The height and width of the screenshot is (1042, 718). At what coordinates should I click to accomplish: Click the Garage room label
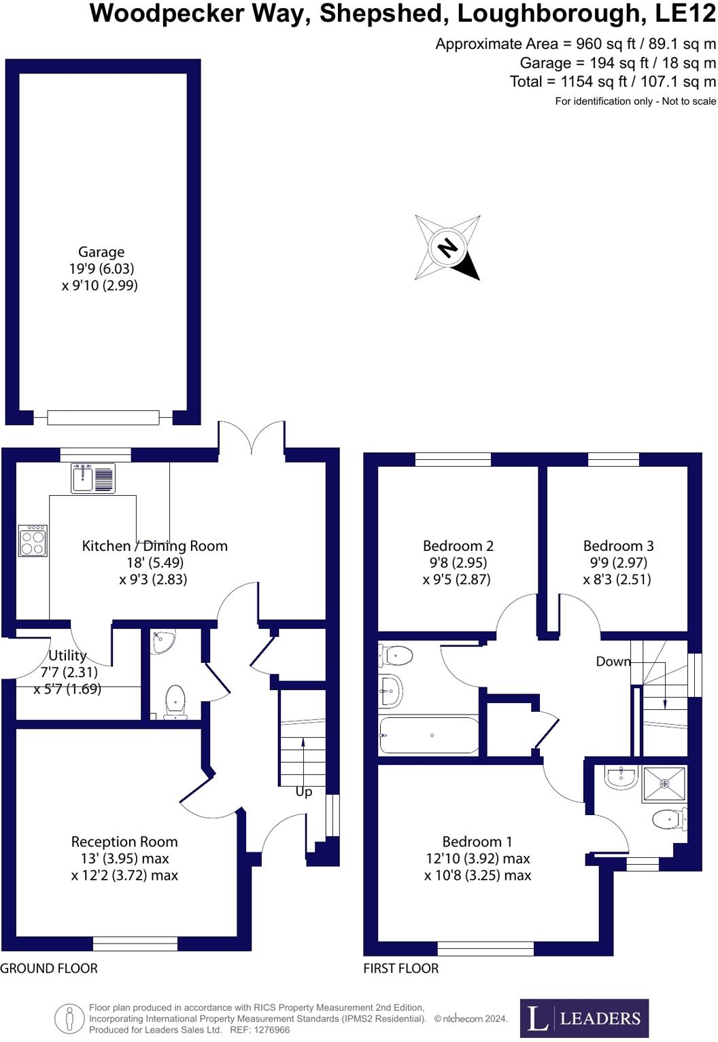101,252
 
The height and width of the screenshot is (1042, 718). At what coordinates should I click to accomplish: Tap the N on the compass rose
447,247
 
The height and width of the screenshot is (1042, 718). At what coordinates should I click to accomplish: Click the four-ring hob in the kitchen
33,541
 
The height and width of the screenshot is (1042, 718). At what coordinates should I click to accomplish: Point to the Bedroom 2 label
458,546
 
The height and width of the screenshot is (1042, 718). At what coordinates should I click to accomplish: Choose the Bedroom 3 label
618,546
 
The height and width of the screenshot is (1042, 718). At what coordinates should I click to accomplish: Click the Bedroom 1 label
477,842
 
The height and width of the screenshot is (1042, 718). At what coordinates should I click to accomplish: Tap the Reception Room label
124,842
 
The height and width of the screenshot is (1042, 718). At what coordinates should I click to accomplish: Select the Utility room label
67,655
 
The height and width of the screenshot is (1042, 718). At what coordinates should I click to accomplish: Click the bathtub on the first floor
429,736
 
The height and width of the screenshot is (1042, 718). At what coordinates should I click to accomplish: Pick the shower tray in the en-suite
664,784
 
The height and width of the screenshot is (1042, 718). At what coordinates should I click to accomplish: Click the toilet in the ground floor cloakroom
175,700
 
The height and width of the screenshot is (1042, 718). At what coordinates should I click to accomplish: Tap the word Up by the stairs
304,792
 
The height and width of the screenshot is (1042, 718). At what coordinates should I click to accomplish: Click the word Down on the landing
613,662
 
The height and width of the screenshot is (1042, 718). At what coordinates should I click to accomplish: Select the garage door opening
103,417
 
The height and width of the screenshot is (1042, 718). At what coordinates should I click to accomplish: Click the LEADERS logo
584,1018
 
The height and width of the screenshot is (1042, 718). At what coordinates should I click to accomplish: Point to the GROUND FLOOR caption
49,969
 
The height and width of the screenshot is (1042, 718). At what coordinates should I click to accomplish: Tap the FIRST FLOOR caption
400,969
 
